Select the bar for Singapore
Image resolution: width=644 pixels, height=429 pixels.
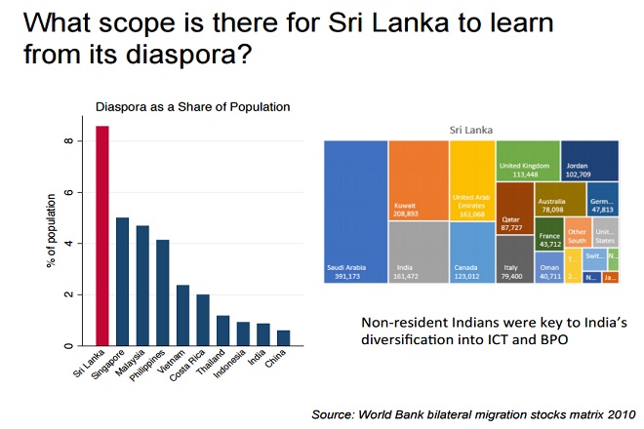(123, 282)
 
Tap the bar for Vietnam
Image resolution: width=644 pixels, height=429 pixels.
(182, 315)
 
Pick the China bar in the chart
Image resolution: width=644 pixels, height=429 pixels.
(282, 337)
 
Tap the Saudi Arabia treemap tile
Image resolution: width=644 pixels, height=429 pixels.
(355, 212)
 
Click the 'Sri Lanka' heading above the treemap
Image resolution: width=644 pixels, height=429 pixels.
(470, 129)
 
